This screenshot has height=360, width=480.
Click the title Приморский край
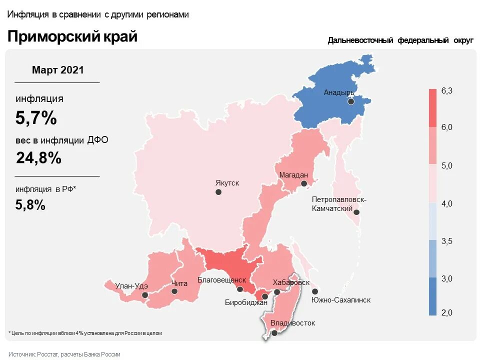coord(72,36)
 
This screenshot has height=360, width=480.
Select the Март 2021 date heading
coord(58,70)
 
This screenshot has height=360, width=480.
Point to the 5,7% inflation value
coord(36,118)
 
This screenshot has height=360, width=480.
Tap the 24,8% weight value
coord(38,158)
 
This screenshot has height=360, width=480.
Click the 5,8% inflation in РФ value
coord(30,204)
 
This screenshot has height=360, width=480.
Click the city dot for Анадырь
coord(351,101)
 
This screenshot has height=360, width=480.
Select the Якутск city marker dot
coord(218,192)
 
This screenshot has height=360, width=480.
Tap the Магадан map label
coord(293,175)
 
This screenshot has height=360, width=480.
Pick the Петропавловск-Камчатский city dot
coord(357,212)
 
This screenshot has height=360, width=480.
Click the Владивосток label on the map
coord(293,323)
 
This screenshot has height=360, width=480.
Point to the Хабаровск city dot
coord(277,292)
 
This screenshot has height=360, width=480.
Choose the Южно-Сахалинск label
coord(341,300)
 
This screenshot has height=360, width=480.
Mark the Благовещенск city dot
coord(240,289)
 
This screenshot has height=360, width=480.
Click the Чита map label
coord(179,283)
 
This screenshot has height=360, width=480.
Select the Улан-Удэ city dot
coord(145,295)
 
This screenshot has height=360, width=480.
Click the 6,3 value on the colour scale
coord(446,90)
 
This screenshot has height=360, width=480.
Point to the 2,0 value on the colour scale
coord(446,312)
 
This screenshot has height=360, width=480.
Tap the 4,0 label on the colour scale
coord(446,203)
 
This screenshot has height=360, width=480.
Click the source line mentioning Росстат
coord(64,354)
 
